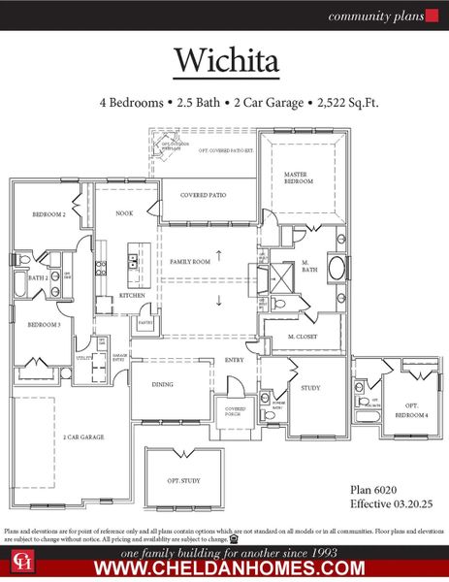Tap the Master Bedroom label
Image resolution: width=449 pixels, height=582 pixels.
296,178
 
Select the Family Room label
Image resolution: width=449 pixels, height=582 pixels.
189,262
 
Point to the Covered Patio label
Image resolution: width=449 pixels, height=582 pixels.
204,195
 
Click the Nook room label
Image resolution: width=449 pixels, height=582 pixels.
124,212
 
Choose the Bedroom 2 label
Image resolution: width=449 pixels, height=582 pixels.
48,213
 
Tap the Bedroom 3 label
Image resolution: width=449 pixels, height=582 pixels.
44,325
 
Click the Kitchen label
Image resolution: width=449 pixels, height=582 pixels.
132,295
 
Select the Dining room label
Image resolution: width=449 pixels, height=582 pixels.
162,384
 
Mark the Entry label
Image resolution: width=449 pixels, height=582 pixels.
235,360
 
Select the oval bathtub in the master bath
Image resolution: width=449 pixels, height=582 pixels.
337,269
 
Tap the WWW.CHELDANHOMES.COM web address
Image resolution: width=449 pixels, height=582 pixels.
224,567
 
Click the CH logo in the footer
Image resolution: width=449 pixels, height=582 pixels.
19,561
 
